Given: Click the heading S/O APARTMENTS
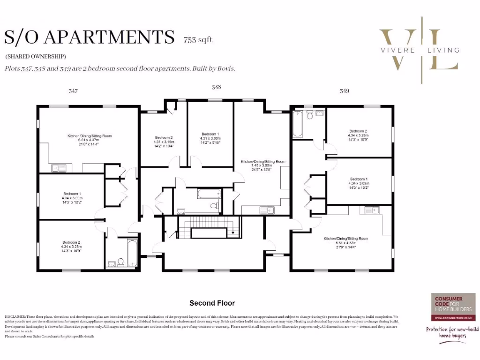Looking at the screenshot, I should click(89, 37).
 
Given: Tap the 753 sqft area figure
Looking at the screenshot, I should click(198, 40).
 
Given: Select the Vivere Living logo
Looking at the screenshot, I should click(419, 50).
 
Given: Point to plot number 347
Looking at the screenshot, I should click(73, 91).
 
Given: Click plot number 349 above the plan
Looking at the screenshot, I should click(345, 91).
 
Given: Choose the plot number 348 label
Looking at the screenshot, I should click(216, 87).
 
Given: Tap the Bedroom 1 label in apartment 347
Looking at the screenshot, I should click(72, 194).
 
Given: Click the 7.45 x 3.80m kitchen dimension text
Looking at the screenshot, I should click(263, 165).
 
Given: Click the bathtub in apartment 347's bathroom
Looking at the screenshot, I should click(132, 253).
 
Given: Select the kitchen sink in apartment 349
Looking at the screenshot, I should click(368, 210).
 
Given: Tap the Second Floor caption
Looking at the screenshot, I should click(212, 303).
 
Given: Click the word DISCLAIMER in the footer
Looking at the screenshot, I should click(16, 317).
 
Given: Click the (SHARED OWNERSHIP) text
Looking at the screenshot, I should click(36, 56).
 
